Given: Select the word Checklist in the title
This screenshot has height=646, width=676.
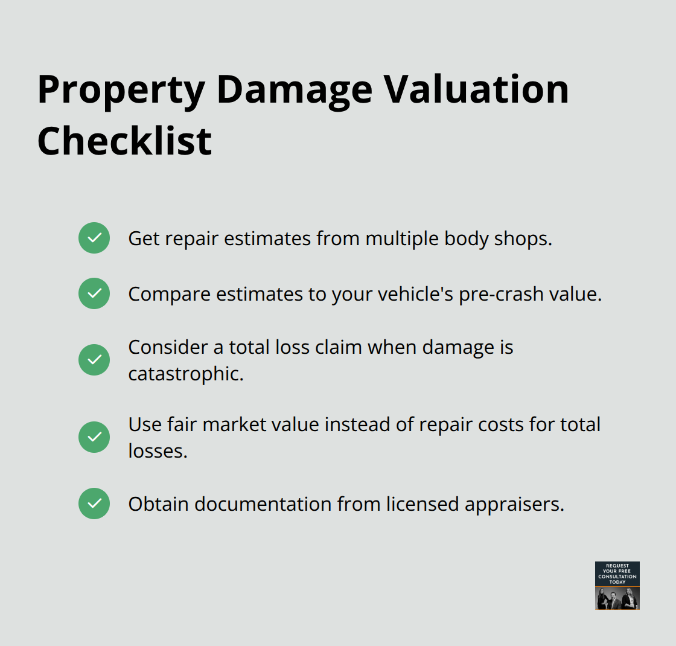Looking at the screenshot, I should coord(124,141).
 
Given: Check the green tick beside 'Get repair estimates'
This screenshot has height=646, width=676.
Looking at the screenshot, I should coord(94,238).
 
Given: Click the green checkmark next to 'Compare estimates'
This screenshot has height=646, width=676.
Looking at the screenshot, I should coord(94,293).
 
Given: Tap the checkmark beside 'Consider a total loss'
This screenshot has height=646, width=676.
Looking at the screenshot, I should coord(94,360).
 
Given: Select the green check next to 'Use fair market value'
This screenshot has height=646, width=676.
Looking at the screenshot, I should coord(94,437).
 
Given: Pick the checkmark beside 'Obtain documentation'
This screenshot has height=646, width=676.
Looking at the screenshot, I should coord(94,504).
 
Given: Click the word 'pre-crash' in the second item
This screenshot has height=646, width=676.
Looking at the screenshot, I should coord(497,294).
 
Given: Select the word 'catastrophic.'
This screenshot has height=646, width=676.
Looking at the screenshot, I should coord(186,374).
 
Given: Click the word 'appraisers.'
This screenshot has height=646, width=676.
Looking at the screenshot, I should coord(515,504).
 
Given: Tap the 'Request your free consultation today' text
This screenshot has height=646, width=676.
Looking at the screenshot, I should coord(617,574).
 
